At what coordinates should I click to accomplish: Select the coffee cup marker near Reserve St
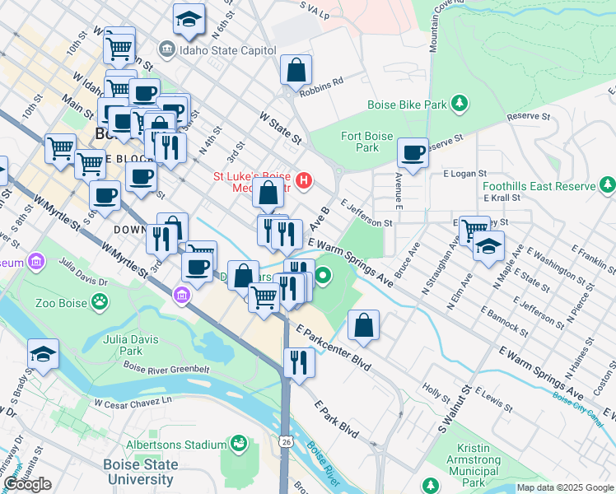coord(413,152)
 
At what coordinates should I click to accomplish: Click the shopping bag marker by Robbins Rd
coord(296,70)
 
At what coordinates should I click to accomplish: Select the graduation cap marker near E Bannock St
coord(488,246)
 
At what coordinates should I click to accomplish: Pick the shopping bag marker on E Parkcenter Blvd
coord(363,325)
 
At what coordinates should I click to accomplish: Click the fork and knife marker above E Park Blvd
coord(299,362)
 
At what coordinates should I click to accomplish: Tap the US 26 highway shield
coord(285,442)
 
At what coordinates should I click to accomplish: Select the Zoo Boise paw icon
coord(99,302)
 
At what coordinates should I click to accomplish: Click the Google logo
coord(27,484)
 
